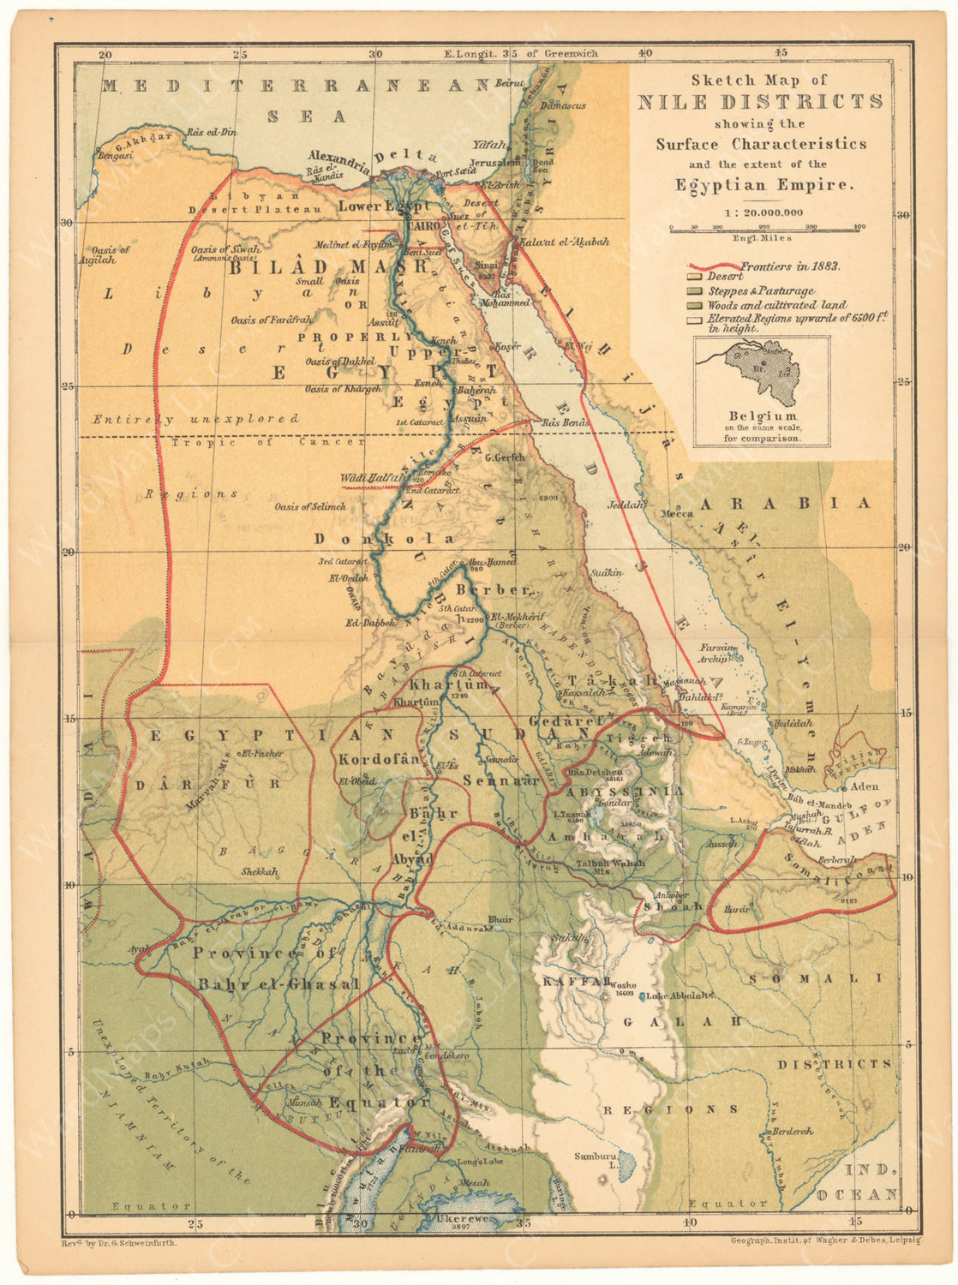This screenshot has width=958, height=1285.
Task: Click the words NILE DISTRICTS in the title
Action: (759, 102)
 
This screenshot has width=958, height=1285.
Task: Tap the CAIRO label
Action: (422, 225)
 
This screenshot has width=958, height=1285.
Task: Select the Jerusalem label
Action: (494, 161)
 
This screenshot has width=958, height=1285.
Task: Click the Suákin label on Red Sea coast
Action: (605, 571)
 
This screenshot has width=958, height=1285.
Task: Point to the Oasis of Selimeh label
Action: (310, 506)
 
